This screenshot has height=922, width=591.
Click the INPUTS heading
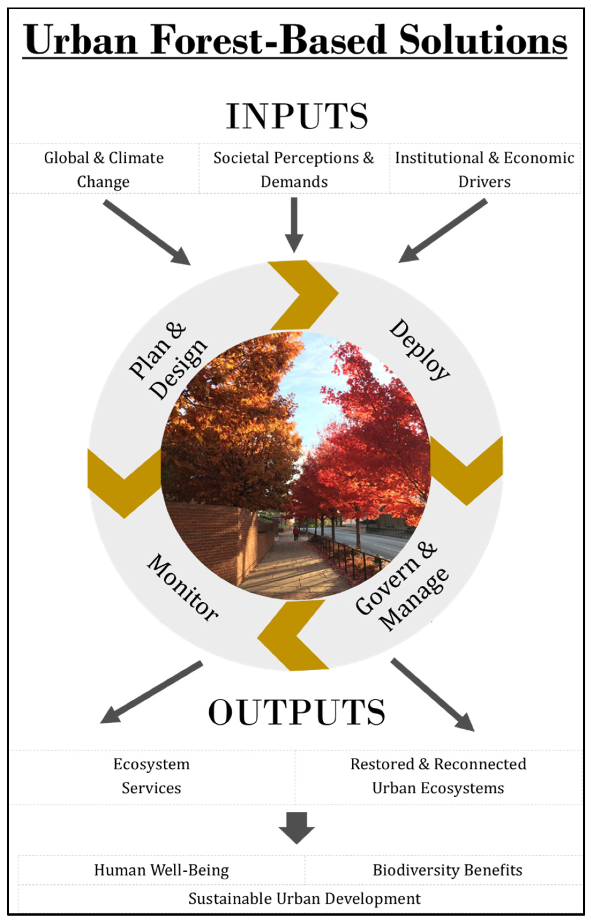tap(297, 116)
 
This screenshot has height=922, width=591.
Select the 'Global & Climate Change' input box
tap(104, 169)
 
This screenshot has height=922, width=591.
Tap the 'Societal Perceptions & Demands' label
tap(294, 169)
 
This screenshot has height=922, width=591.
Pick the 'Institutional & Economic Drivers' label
tap(485, 169)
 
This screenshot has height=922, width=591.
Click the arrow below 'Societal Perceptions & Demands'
tap(294, 224)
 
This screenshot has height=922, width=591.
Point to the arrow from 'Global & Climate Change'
tap(147, 232)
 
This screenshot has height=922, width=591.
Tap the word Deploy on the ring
tap(419, 350)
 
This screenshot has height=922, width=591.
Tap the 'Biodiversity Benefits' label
tap(447, 870)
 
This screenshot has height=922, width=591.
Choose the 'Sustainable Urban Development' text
tap(304, 899)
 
